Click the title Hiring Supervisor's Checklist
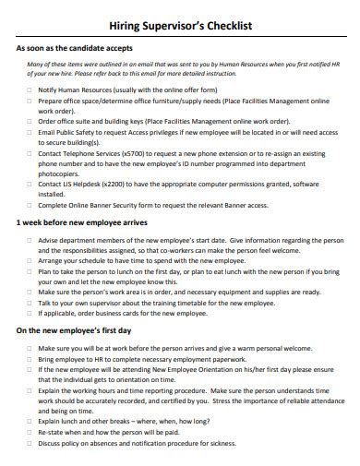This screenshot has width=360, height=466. [x=180, y=29]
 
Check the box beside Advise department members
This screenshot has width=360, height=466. [x=30, y=239]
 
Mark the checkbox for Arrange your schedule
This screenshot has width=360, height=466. [x=30, y=260]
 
